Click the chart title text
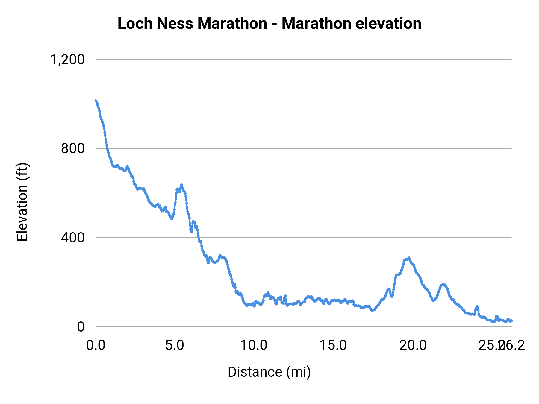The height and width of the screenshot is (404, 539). pos(269,23)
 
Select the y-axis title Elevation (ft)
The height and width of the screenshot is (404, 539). pos(22,202)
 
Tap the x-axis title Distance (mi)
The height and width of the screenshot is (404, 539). pos(269,372)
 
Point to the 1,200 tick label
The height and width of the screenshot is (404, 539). pos(67,60)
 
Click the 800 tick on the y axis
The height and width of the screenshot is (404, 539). pos(73,148)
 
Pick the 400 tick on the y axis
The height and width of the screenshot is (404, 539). pos(73,238)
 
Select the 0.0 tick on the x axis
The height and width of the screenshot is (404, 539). pos(96,345)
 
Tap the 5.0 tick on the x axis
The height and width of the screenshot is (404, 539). pos(175,345)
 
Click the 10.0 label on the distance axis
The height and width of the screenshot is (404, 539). pos(254,345)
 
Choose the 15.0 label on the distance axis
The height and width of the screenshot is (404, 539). pos(333,345)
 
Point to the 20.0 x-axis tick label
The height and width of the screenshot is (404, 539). pos(413,345)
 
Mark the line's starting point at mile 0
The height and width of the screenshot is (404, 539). pos(96,101)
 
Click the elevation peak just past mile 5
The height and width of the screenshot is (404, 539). pos(181,185)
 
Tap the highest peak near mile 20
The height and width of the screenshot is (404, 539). pos(409,258)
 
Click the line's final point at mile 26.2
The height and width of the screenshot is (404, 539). pos(511,321)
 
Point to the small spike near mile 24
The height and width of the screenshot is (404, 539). pos(477,306)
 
